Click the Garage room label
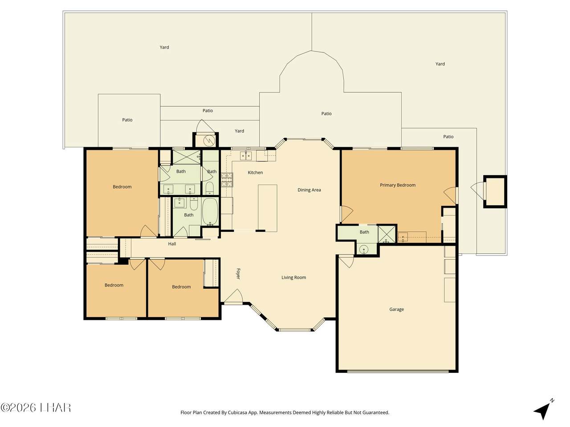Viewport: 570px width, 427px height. point(396,309)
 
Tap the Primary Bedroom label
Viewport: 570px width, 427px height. point(398,185)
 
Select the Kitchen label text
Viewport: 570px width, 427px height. point(255,173)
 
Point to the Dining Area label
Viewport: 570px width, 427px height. point(309,190)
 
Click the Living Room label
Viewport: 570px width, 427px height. point(294,278)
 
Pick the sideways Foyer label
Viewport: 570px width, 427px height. point(238,274)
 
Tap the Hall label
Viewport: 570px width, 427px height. point(172,244)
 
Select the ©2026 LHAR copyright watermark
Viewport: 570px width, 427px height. point(36,408)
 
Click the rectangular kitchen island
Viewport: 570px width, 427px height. point(268,208)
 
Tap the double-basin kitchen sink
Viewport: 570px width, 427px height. point(245,156)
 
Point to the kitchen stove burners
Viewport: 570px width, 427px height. point(227,180)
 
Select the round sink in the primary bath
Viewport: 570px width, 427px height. point(364,250)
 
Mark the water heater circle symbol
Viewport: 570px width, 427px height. point(209,141)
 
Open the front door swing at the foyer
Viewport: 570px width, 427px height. point(233,296)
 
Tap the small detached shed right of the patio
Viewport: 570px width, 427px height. point(495,192)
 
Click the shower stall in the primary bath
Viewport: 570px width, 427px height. point(387,234)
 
